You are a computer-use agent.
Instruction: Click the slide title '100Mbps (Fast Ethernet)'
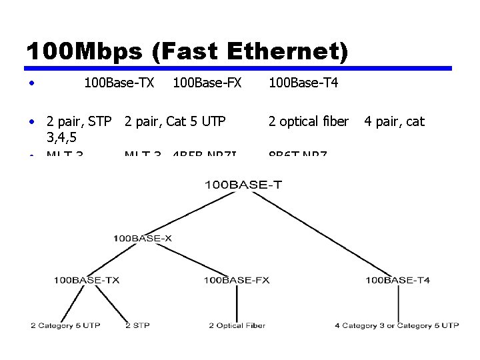pyautogui.click(x=187, y=52)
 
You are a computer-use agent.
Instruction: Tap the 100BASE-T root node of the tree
pyautogui.click(x=243, y=185)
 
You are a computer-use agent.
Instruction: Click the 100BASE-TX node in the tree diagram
pyautogui.click(x=87, y=280)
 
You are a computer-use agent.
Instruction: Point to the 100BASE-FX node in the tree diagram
pyautogui.click(x=237, y=280)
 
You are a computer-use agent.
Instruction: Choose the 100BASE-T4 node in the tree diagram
pyautogui.click(x=397, y=280)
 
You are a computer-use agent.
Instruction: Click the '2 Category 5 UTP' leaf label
pyautogui.click(x=65, y=325)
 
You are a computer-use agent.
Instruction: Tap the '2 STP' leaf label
pyautogui.click(x=137, y=325)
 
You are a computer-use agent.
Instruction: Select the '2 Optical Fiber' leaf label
pyautogui.click(x=237, y=325)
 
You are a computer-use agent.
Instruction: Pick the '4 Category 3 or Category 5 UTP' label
pyautogui.click(x=397, y=325)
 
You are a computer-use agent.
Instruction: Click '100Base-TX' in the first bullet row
pyautogui.click(x=119, y=83)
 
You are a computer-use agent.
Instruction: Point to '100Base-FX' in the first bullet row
pyautogui.click(x=207, y=83)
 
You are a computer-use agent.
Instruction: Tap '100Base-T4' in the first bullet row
pyautogui.click(x=303, y=83)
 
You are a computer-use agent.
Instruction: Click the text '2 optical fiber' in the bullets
pyautogui.click(x=308, y=121)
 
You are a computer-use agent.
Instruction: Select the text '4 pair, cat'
pyautogui.click(x=394, y=121)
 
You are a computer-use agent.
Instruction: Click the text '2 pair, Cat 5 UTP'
pyautogui.click(x=175, y=121)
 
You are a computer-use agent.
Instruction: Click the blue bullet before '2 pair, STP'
pyautogui.click(x=31, y=122)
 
